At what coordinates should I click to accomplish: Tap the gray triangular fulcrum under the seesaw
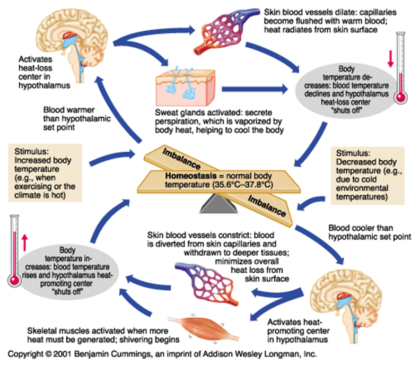[213, 202]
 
